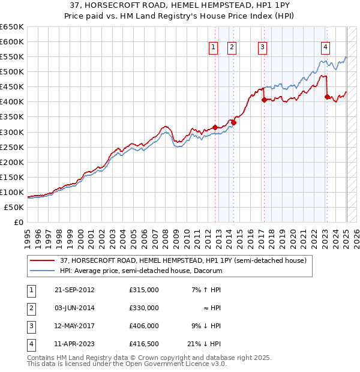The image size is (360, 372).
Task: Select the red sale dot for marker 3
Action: coord(263,100)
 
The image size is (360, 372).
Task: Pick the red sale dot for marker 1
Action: coord(215,127)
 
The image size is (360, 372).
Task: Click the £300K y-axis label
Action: coord(12,132)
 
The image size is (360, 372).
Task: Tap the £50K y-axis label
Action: coord(14,207)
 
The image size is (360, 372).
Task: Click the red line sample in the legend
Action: coord(42,260)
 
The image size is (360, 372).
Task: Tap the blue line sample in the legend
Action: coord(42,271)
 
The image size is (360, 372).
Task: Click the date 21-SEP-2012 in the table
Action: coord(74,290)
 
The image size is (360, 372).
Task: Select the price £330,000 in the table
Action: coord(144,308)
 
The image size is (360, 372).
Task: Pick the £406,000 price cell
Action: coord(144,326)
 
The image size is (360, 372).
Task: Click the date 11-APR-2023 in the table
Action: coord(74,344)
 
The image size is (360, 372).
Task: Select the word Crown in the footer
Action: coord(154,358)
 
